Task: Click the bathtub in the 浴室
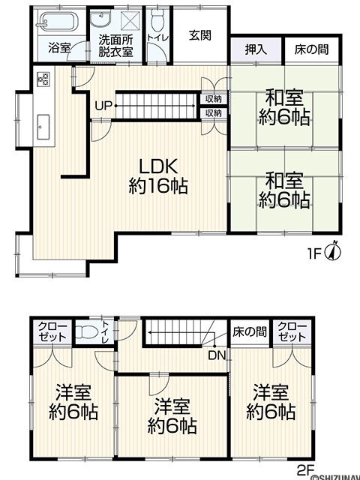click(x=57, y=22)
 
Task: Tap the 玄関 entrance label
click(x=200, y=36)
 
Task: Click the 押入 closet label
click(x=256, y=49)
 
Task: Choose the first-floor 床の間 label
click(x=312, y=49)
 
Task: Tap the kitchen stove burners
click(x=43, y=79)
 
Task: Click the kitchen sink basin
click(x=43, y=127)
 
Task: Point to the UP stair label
click(x=103, y=106)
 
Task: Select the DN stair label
click(x=217, y=355)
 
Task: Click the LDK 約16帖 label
click(x=158, y=176)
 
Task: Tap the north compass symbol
click(x=334, y=252)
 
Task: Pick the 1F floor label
click(x=314, y=253)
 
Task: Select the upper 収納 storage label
click(x=213, y=99)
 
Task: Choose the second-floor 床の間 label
click(x=250, y=331)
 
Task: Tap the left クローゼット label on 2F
click(x=52, y=331)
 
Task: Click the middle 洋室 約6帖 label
click(x=172, y=416)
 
